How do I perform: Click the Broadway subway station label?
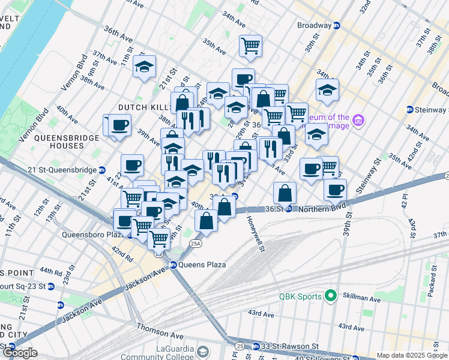click(314, 26)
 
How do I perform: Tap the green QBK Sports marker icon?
click(330, 296)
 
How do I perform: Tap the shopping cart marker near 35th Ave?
click(250, 46)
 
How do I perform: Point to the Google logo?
click(19, 353)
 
